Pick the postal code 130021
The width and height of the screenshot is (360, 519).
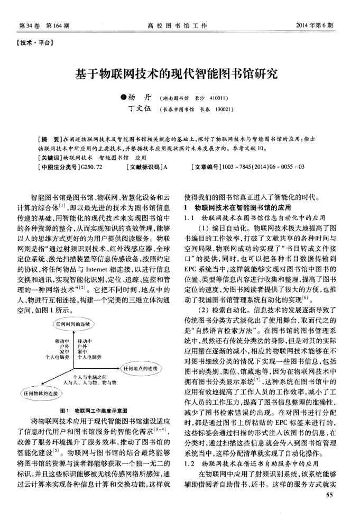coord(223,110)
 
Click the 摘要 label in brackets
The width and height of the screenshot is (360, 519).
coord(51,139)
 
